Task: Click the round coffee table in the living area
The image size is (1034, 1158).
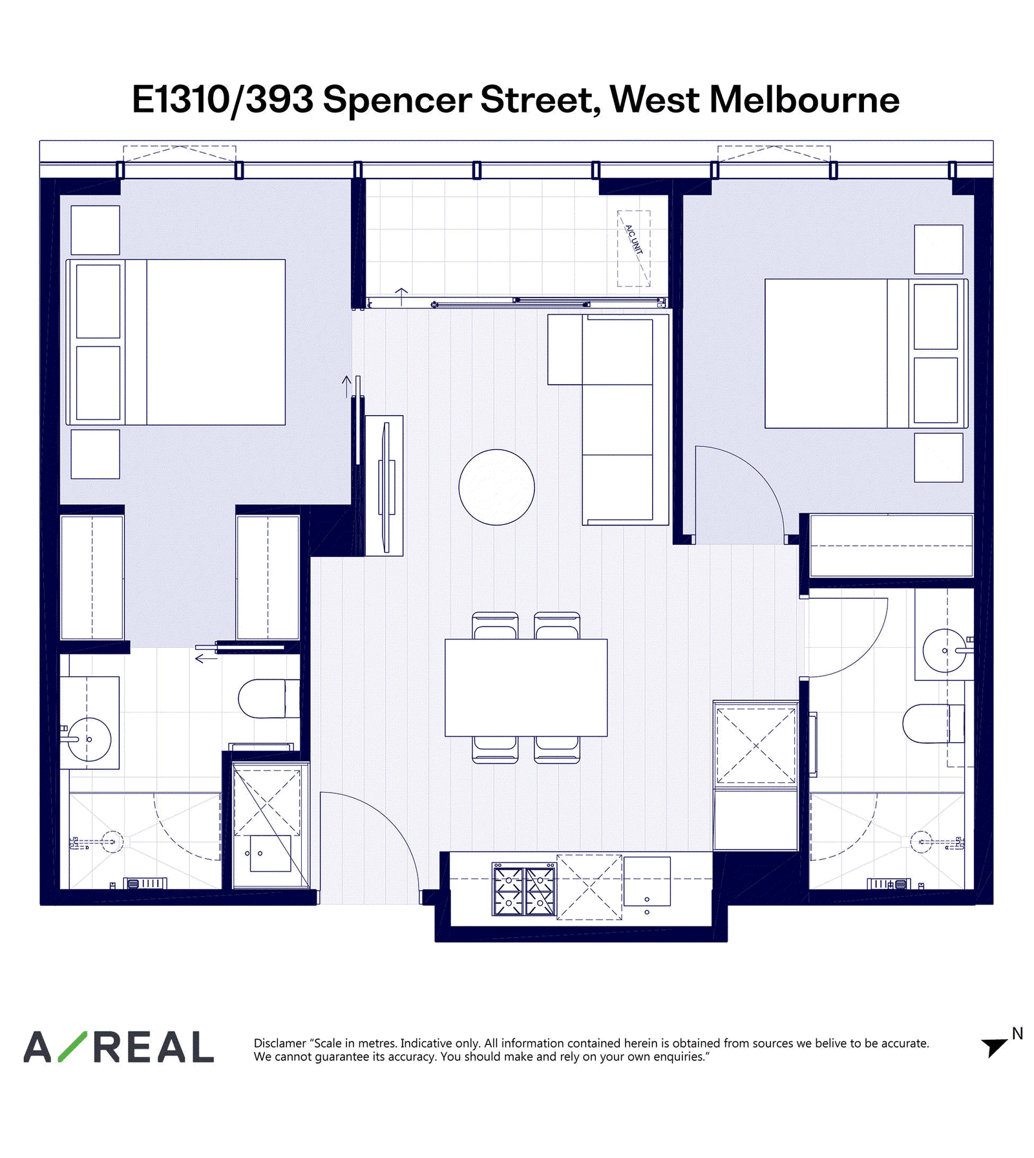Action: coord(496,487)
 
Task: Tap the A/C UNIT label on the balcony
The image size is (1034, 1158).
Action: coord(634,240)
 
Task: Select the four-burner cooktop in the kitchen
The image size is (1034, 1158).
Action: coord(523,890)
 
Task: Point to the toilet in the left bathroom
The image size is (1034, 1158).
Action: coord(269,698)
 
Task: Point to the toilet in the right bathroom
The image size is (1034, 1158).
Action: coord(933,724)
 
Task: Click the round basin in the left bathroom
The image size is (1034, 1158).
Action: coord(89,739)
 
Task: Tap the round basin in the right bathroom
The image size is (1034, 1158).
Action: coord(945,650)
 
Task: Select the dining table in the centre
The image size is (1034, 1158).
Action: coord(526,687)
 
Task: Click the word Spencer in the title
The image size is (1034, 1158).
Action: coord(397,100)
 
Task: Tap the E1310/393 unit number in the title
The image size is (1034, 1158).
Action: coord(222,100)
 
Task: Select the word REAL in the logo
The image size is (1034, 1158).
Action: coord(154,1047)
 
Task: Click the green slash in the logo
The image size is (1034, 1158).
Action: coord(72,1047)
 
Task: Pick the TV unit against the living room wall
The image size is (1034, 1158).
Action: coord(385,486)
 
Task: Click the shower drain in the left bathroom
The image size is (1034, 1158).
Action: coord(112,842)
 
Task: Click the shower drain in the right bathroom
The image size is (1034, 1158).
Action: coord(921,842)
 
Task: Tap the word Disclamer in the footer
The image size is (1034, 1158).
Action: coord(280,1043)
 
